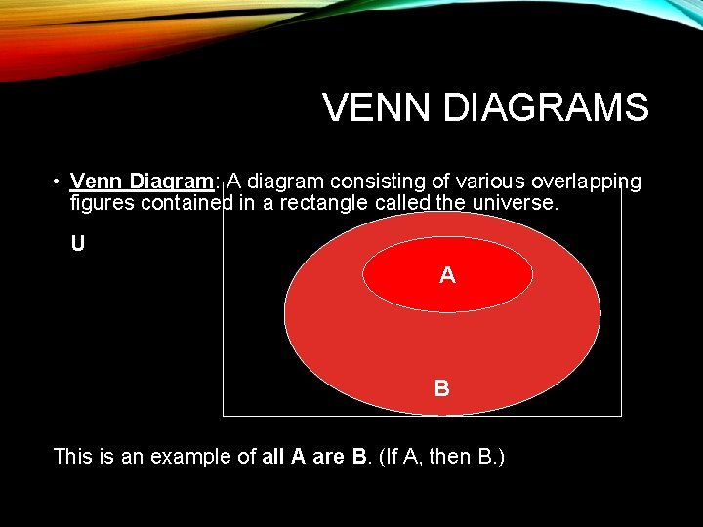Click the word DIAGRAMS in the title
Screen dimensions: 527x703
pyautogui.click(x=545, y=108)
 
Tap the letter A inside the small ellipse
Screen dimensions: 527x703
pyautogui.click(x=447, y=276)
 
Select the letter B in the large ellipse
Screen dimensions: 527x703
pyautogui.click(x=442, y=388)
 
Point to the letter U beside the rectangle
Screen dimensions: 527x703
pyautogui.click(x=77, y=244)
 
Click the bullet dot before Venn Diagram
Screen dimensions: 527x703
pyautogui.click(x=59, y=182)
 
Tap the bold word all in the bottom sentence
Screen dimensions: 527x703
pyautogui.click(x=274, y=456)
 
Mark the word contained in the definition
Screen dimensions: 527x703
pyautogui.click(x=183, y=204)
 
